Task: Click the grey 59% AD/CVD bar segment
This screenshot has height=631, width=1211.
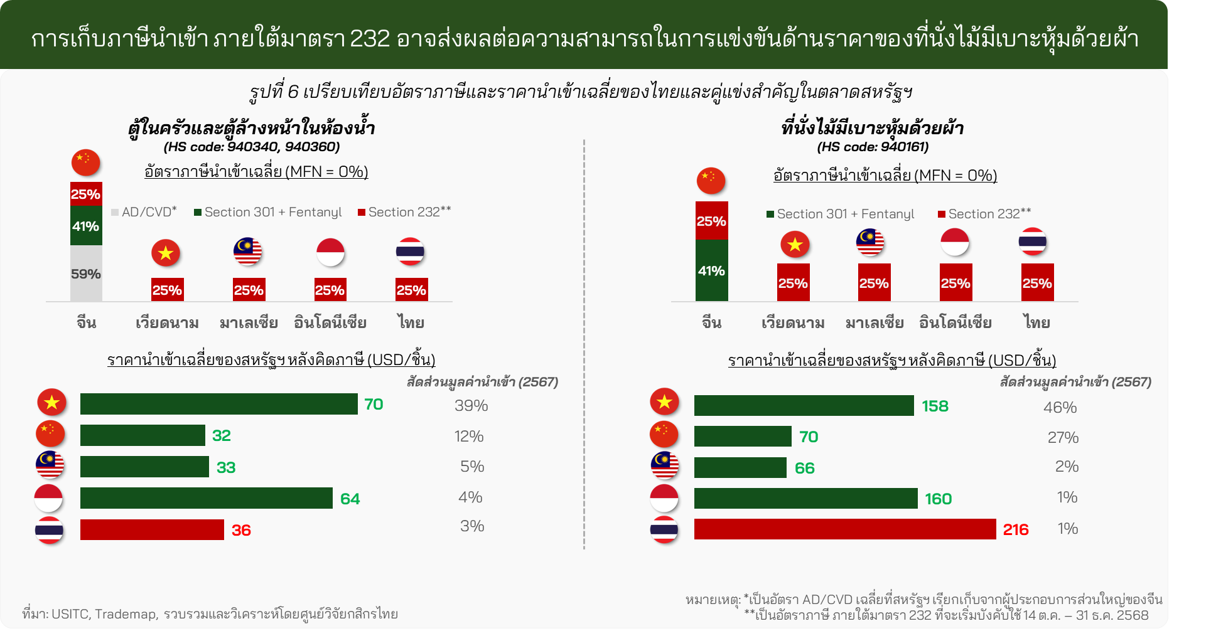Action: pyautogui.click(x=86, y=273)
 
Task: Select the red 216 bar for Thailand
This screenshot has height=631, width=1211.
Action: pyautogui.click(x=844, y=529)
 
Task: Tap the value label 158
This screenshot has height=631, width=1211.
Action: pyautogui.click(x=935, y=406)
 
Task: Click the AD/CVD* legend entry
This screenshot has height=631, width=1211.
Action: pyautogui.click(x=144, y=212)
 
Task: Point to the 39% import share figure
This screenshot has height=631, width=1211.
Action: pyautogui.click(x=471, y=406)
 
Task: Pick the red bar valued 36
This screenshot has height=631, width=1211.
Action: pyautogui.click(x=152, y=529)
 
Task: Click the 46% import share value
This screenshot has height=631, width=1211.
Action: pyautogui.click(x=1060, y=408)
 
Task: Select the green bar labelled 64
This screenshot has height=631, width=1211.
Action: pyautogui.click(x=206, y=498)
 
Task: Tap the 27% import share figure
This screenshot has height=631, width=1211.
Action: pyautogui.click(x=1063, y=438)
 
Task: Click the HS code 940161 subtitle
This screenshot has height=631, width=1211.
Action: pyautogui.click(x=873, y=147)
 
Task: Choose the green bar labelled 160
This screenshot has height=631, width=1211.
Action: pyautogui.click(x=805, y=498)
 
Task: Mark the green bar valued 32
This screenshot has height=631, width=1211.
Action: pyautogui.click(x=143, y=435)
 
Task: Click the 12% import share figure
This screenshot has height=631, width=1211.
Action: pyautogui.click(x=469, y=437)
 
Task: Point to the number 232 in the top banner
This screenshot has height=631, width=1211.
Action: pyautogui.click(x=370, y=39)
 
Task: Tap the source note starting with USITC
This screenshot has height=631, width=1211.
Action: pyautogui.click(x=210, y=613)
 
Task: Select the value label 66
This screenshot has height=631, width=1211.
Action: pyautogui.click(x=804, y=468)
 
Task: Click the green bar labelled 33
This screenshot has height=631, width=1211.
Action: pyautogui.click(x=144, y=467)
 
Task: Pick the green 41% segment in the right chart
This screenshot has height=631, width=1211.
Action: pyautogui.click(x=711, y=270)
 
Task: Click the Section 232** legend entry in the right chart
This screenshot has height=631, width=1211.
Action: pyautogui.click(x=984, y=214)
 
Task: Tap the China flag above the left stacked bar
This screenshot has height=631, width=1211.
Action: pyautogui.click(x=86, y=162)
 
